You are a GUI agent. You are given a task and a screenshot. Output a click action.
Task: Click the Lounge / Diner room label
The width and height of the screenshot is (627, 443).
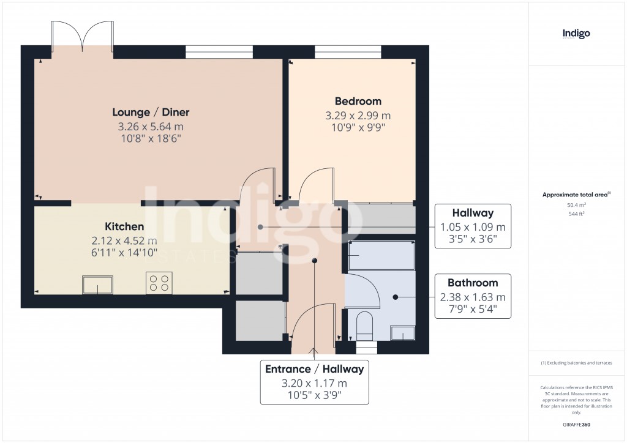click(151, 112)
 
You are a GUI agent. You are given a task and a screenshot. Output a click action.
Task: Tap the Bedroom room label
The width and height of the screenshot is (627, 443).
click(358, 101)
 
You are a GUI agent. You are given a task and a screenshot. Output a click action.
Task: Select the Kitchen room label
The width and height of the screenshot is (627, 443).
click(124, 226)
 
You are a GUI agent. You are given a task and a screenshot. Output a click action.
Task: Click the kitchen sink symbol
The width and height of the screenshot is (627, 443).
click(98, 285)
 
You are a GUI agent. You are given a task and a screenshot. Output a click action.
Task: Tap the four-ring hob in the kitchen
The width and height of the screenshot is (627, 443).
click(159, 283)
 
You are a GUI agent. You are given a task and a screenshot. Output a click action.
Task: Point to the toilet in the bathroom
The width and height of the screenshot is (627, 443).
click(364, 326)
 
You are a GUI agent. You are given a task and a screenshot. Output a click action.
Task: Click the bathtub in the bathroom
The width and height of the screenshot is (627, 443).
click(381, 255)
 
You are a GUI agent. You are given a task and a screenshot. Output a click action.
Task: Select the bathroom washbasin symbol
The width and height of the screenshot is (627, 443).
click(403, 333)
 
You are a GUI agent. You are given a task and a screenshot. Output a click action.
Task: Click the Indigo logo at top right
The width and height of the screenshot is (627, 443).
click(576, 34)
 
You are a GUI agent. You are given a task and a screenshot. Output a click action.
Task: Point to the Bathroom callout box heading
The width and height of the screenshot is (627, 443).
click(473, 283)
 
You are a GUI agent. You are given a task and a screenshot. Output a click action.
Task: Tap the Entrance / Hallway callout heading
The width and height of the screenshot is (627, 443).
click(314, 369)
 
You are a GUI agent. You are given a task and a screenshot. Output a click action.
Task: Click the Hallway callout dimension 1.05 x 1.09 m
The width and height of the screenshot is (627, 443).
click(473, 227)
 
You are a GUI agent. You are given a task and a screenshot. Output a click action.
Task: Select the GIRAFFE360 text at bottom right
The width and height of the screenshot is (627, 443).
click(576, 424)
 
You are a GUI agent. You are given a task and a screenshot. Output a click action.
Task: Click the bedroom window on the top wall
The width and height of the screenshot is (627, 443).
click(348, 52)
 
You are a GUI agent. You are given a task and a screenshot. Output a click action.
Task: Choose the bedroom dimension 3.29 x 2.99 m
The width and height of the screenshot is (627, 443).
click(358, 116)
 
